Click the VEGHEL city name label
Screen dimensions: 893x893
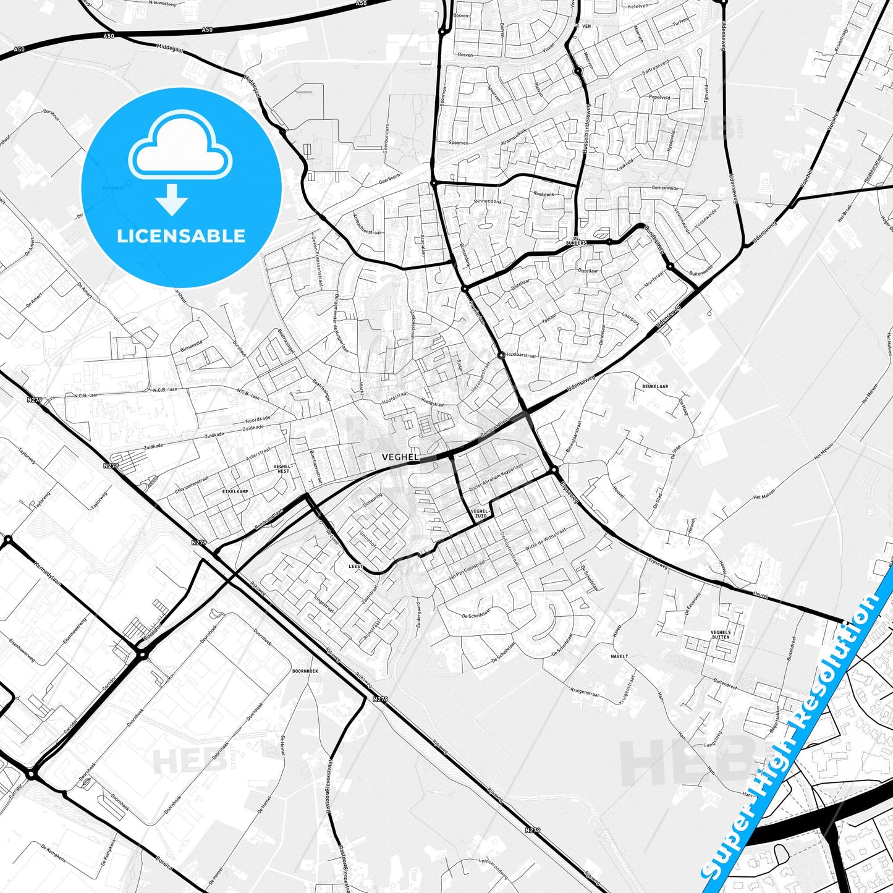[x=400, y=457]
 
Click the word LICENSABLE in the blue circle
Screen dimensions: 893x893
[x=181, y=235]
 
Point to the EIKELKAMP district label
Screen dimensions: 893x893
[x=235, y=491]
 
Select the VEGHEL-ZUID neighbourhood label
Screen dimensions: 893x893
[x=479, y=514]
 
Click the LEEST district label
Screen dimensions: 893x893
[x=356, y=566]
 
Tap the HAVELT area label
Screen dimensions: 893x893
[x=619, y=656]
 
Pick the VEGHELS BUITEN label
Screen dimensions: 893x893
[x=721, y=635]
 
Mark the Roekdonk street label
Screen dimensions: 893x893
[x=544, y=193]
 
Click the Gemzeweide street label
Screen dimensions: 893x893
[x=665, y=187]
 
